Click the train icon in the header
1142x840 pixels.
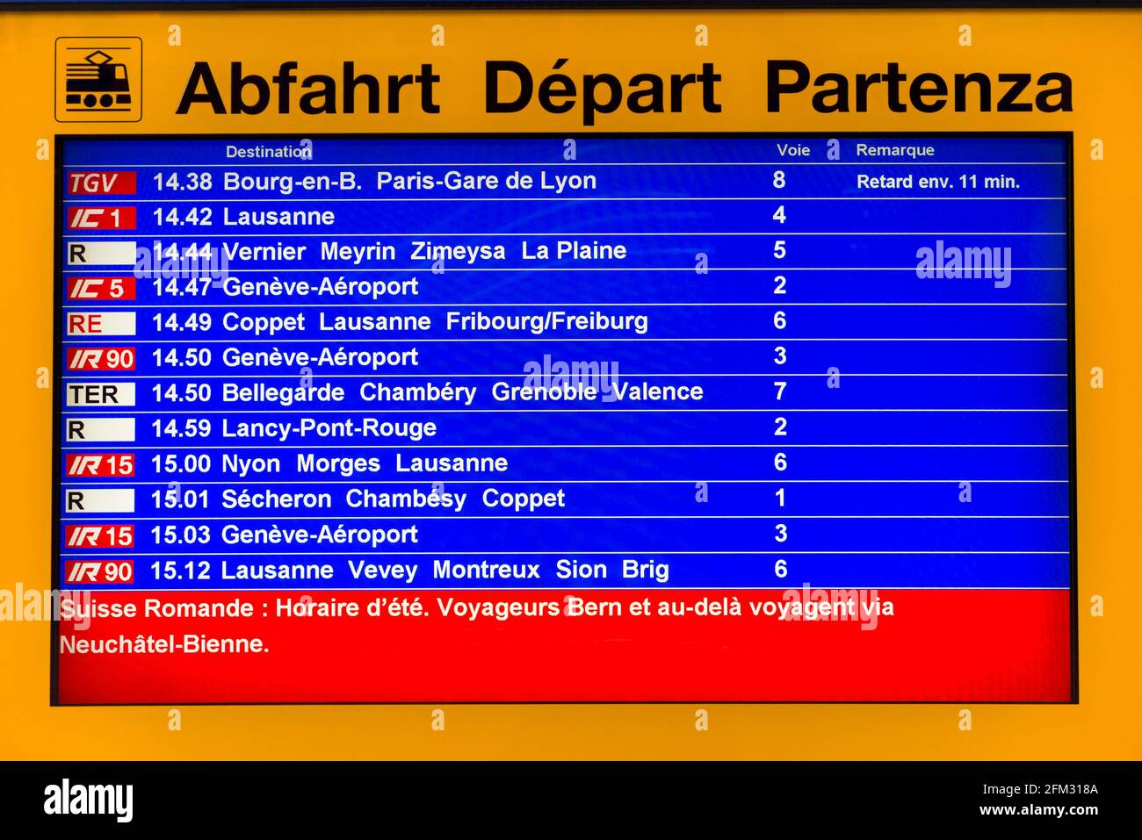tap(98, 80)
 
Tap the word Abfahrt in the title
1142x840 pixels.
tap(308, 88)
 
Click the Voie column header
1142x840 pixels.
tap(793, 150)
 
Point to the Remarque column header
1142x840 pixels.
tap(895, 150)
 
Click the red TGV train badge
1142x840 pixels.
tap(101, 183)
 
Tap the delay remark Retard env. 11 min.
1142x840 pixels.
tap(938, 182)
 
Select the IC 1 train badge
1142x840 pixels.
tap(101, 218)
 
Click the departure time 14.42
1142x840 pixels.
tap(182, 217)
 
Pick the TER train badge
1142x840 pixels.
tap(101, 394)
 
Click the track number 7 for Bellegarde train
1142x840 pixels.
tap(779, 391)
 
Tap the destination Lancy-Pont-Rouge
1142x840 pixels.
tap(329, 427)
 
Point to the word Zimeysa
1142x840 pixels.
tap(458, 252)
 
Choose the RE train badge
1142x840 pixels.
tap(101, 324)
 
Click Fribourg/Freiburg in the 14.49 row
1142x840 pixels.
tap(546, 322)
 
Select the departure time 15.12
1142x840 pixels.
tap(180, 571)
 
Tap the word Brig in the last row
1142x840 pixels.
tap(645, 571)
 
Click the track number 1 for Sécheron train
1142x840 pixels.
tap(780, 498)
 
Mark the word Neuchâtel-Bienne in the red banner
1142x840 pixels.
tap(163, 644)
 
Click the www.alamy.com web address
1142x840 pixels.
tap(1038, 810)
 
